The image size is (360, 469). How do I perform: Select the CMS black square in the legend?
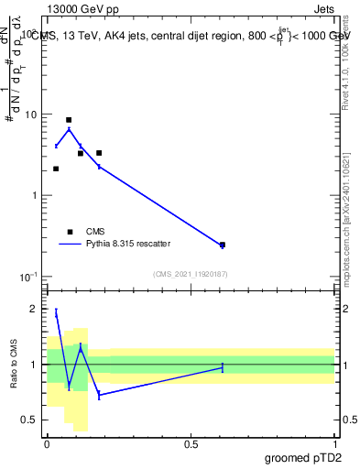point(69,232)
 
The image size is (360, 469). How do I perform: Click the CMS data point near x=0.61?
point(223,245)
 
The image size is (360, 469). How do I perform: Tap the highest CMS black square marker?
point(69,120)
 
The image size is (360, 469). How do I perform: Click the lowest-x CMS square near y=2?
point(56,169)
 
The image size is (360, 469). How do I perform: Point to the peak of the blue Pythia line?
point(69,129)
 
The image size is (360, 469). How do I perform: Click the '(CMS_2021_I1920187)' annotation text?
point(191,274)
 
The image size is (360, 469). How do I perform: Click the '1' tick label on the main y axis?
point(35,196)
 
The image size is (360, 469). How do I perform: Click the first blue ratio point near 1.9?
point(56,313)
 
